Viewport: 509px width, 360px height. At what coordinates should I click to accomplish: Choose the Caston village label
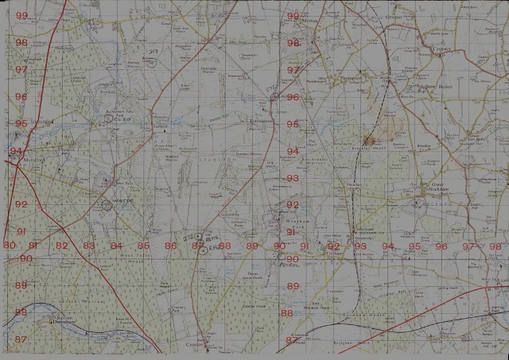[x=441, y=48]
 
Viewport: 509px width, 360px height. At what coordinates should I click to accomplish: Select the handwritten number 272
[x=189, y=236]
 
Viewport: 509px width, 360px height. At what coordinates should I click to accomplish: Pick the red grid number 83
[x=89, y=246]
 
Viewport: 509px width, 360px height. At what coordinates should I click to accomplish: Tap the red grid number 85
[x=143, y=246]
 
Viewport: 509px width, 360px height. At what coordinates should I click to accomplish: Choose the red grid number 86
[x=171, y=246]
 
